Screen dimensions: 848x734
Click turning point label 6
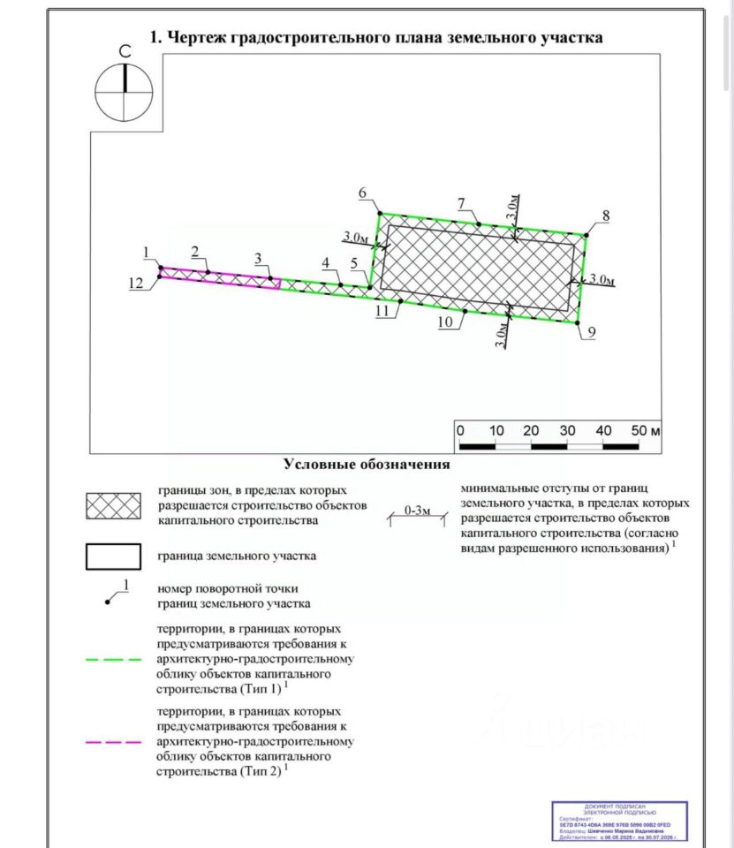[363, 193]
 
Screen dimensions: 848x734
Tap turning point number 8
[606, 216]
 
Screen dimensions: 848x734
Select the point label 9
[591, 331]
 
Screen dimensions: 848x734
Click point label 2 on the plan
[194, 251]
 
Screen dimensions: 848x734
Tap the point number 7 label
[461, 204]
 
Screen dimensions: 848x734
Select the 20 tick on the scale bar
[532, 430]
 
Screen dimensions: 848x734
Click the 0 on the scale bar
[460, 430]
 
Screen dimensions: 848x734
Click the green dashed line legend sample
[114, 659]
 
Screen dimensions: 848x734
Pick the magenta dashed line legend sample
[114, 742]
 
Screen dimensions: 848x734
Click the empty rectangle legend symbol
[114, 556]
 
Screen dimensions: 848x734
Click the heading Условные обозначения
[367, 464]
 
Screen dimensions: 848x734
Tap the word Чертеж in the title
[195, 37]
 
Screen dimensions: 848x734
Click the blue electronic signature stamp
[619, 822]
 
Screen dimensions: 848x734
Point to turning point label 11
[382, 312]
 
